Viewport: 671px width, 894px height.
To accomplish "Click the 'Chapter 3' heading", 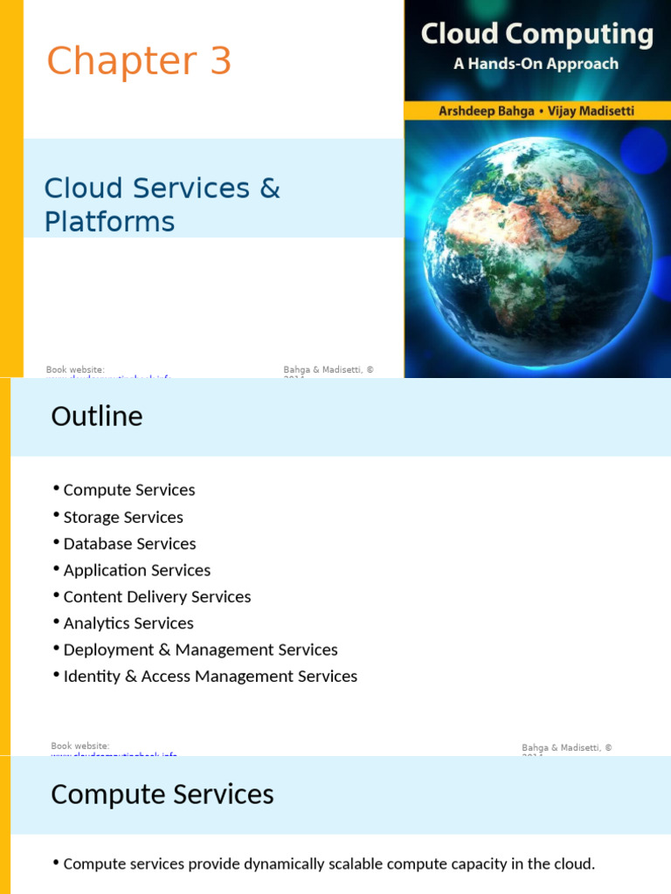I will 139,62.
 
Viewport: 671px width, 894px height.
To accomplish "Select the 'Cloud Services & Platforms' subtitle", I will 162,204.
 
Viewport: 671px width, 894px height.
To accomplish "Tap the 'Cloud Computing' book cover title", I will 536,35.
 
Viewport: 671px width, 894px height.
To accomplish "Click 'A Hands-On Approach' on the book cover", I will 536,64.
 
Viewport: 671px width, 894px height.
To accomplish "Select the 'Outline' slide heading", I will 97,416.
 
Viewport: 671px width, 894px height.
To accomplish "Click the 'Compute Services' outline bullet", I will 129,491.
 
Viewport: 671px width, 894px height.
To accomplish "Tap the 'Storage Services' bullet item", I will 123,518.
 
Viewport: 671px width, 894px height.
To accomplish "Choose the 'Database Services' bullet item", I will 129,544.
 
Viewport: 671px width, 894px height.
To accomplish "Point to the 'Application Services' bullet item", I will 137,570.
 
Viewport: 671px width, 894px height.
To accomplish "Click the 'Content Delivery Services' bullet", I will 157,597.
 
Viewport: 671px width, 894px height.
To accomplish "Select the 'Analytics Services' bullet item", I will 128,623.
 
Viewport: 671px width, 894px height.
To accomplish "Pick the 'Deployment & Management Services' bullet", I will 200,650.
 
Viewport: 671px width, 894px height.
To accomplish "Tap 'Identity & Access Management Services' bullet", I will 211,677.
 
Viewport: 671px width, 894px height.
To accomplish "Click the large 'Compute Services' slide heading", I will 163,794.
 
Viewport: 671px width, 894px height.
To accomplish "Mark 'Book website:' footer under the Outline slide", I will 80,746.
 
